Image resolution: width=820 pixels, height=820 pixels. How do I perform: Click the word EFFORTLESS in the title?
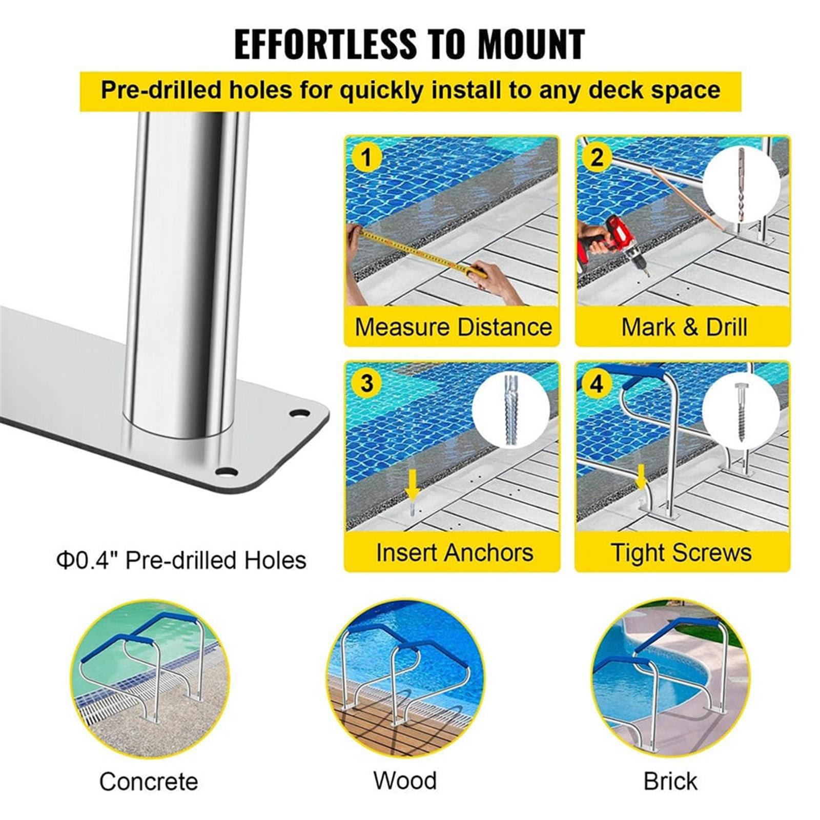(x=325, y=44)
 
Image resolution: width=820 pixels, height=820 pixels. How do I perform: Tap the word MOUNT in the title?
(x=531, y=44)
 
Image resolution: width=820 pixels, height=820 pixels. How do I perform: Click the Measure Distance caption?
(x=454, y=326)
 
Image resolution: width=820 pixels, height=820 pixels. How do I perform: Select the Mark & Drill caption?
(x=684, y=326)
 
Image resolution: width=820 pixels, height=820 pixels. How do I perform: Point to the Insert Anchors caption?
(x=455, y=552)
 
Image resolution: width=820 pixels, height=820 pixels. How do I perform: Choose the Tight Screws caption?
(x=682, y=552)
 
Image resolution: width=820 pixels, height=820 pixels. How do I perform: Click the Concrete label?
(x=149, y=782)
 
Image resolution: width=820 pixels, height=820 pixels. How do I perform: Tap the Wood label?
(x=405, y=781)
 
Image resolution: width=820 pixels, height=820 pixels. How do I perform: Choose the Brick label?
(x=670, y=782)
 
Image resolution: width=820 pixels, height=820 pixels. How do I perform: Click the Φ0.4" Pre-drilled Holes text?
(x=181, y=560)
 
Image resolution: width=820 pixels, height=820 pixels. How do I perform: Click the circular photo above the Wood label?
(x=405, y=679)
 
